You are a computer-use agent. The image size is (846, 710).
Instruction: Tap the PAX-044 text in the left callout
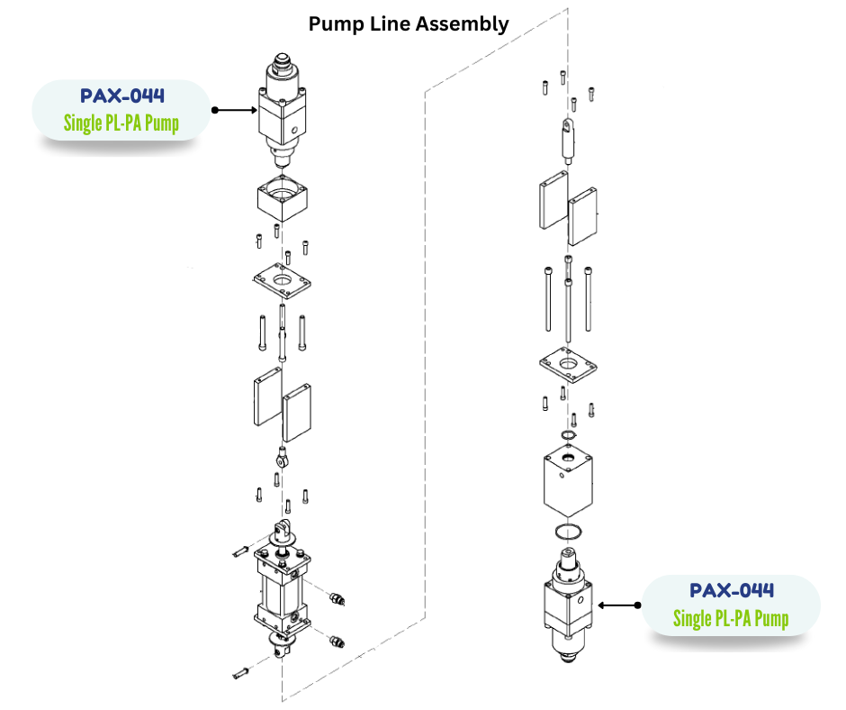122,96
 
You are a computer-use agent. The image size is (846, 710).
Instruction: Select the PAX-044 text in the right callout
732,591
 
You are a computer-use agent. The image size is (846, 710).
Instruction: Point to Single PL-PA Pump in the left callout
121,123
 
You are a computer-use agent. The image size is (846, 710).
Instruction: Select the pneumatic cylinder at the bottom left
283,590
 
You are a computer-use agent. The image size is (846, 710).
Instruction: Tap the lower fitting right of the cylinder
336,642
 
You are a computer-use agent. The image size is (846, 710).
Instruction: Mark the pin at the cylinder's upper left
239,549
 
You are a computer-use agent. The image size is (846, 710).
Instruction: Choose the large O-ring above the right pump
567,530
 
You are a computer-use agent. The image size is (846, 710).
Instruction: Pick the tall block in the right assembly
567,482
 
